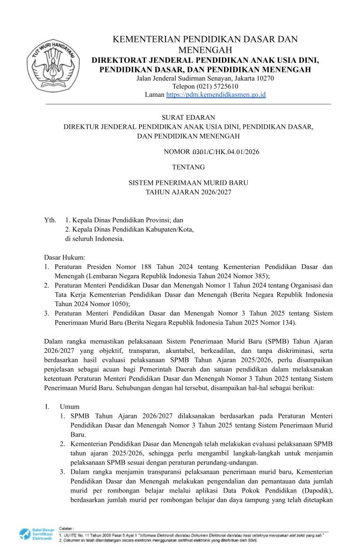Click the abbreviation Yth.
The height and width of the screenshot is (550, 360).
pos(50,220)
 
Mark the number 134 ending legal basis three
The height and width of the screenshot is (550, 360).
pos(303,323)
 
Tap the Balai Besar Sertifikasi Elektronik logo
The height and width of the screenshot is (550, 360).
pos(36,534)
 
